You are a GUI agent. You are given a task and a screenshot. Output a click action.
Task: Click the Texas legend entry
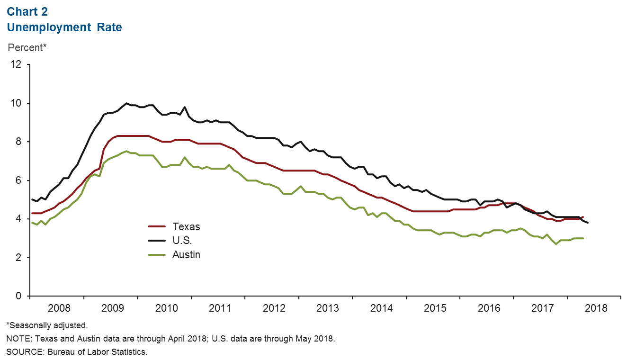coord(186,226)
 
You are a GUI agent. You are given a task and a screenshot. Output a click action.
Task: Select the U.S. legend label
coord(183,241)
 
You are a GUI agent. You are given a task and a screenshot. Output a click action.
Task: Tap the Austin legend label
coord(186,254)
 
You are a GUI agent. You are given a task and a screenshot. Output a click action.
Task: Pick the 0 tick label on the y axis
coord(18,296)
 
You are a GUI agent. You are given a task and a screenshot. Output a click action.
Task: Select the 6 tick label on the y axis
coord(18,180)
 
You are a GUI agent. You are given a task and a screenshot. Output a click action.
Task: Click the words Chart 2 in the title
coord(27,11)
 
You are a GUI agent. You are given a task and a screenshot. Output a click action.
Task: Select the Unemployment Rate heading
coord(64,27)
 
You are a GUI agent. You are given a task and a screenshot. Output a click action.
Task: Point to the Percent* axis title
coord(27,48)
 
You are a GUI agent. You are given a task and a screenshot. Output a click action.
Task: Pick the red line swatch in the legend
coord(157,227)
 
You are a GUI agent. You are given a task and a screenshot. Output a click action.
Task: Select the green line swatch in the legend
coord(157,254)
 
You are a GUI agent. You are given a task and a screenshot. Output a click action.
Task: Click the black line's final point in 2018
coord(588,223)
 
